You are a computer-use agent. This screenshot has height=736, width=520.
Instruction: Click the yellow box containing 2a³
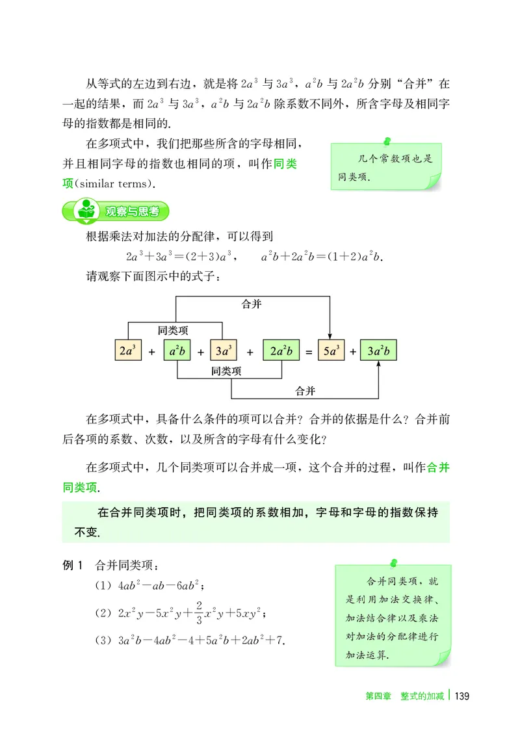[x=127, y=351]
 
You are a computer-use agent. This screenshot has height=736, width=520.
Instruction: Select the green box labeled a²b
[x=177, y=351]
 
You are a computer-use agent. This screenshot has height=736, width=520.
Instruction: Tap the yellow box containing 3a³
[x=225, y=351]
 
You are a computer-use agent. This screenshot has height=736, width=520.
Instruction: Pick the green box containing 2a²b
[x=281, y=351]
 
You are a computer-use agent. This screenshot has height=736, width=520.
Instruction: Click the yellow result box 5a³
[x=330, y=351]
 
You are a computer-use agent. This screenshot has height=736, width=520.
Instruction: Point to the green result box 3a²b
[x=378, y=351]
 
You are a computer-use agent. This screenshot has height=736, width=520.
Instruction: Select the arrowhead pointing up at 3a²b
[x=378, y=367]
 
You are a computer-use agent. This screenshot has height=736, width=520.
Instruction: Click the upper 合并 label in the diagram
[x=252, y=304]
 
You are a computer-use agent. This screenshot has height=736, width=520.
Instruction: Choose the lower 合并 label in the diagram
[x=305, y=391]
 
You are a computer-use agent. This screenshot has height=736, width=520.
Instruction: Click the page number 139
[x=461, y=696]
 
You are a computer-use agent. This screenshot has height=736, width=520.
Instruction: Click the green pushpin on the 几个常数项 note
[x=387, y=140]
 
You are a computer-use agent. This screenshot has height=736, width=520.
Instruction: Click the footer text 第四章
[x=376, y=696]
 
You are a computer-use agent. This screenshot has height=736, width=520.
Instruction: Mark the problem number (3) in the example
[x=103, y=640]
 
